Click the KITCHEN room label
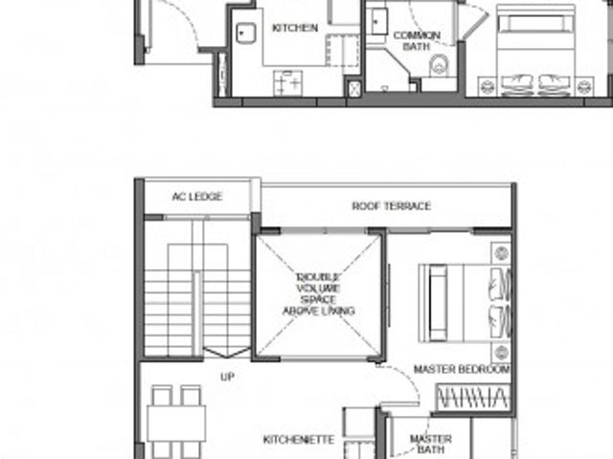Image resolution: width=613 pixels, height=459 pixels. (x=294, y=28)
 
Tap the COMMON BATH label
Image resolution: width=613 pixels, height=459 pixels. (x=417, y=40)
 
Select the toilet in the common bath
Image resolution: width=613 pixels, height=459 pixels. (x=440, y=65)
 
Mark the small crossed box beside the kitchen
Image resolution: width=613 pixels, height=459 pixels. (x=353, y=87)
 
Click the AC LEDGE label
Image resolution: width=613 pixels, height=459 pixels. (x=197, y=196)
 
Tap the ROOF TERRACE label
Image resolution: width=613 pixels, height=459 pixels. (x=391, y=206)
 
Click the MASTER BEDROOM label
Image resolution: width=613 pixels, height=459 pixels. (x=461, y=369)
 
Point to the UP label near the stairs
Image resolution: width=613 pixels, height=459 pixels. (x=227, y=378)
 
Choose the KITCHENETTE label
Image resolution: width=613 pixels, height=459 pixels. (x=299, y=440)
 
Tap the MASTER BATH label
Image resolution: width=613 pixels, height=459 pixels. (x=430, y=445)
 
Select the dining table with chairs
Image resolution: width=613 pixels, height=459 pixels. (x=176, y=422)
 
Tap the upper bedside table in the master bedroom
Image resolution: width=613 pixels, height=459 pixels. (x=501, y=254)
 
